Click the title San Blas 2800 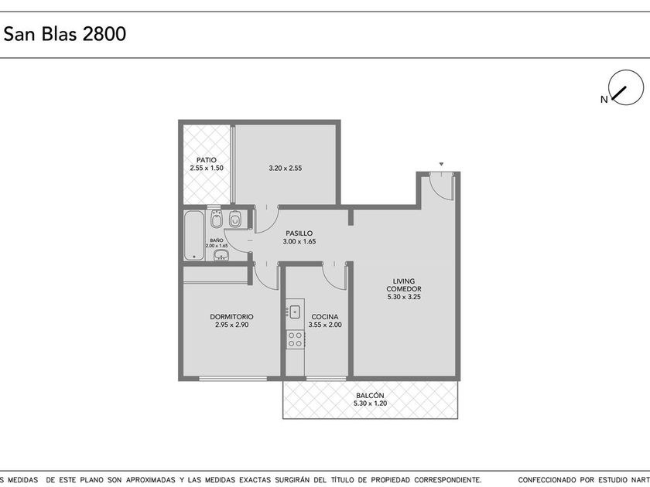65,34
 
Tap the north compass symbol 625,87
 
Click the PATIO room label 207,160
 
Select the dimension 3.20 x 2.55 286,169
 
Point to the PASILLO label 299,233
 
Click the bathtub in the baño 194,236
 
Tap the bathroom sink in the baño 222,255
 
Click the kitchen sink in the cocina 295,312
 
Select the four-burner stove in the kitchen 295,339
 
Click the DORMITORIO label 231,317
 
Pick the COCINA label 325,317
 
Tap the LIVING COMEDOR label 404,285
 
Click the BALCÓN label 370,396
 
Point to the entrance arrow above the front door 442,165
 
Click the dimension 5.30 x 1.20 370,404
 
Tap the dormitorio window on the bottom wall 233,379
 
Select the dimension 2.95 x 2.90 231,325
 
